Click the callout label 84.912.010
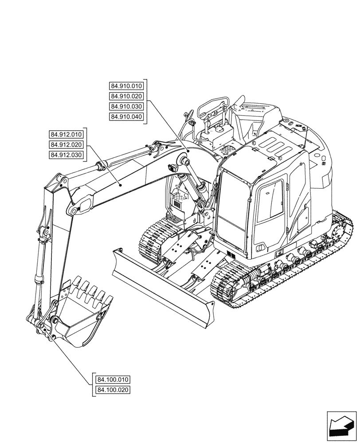[x=67, y=134]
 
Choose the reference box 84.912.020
[x=67, y=144]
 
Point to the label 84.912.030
[x=67, y=155]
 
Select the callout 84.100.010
[x=113, y=380]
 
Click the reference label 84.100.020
[x=113, y=390]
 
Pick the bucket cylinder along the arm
[x=40, y=261]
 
